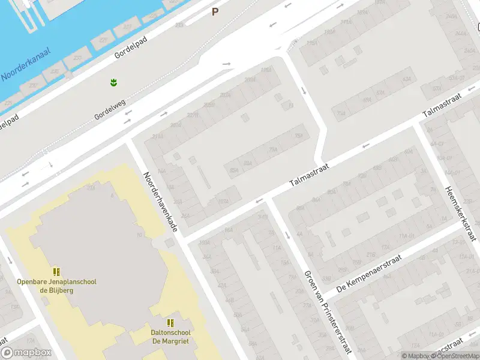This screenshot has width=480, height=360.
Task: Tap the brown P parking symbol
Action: click(x=215, y=11)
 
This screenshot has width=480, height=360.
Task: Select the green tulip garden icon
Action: click(x=113, y=82)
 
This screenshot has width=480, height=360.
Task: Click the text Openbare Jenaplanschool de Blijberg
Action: click(x=56, y=286)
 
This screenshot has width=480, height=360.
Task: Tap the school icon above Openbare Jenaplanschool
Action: click(x=56, y=272)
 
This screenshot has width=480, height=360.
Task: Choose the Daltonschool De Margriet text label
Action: click(x=171, y=337)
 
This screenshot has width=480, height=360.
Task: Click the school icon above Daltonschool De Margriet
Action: click(x=171, y=323)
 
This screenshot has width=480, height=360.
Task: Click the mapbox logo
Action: click(x=26, y=352)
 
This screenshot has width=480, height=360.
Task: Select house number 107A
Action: click(x=223, y=201)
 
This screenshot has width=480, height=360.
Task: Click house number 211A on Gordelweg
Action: click(x=157, y=137)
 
